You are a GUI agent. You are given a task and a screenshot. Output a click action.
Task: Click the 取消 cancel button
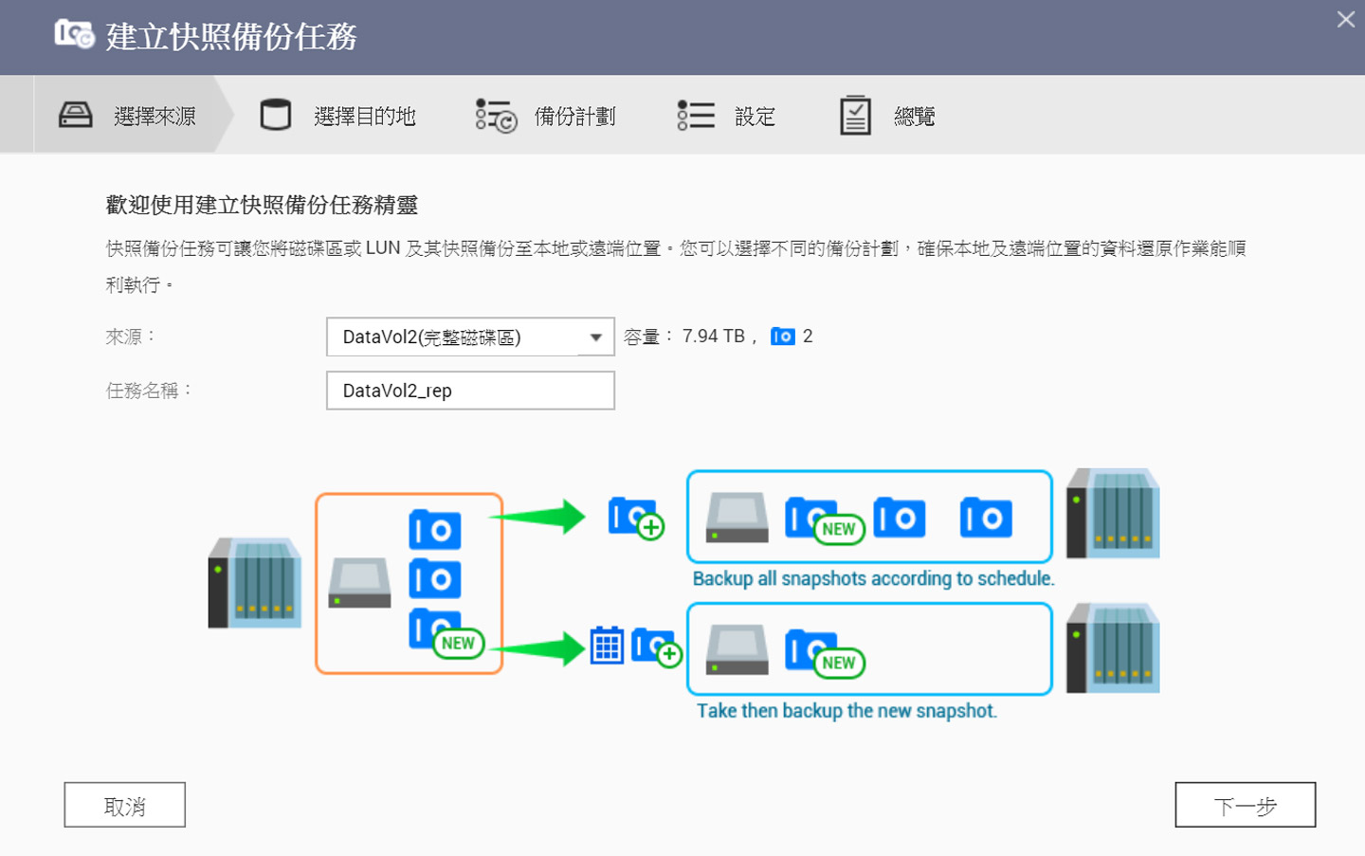click(x=124, y=805)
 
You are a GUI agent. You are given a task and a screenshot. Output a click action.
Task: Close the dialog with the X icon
click(x=1345, y=19)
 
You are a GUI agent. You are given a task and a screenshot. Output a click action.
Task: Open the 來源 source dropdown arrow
click(x=595, y=337)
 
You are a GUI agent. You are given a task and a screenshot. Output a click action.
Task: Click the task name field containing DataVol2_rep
click(x=470, y=391)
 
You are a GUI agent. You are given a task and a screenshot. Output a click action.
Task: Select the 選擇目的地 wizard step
click(x=364, y=117)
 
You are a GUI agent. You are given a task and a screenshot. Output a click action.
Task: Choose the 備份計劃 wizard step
click(x=574, y=117)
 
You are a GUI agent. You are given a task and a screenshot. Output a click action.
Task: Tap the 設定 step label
click(x=755, y=117)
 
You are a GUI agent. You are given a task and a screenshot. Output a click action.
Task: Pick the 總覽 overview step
click(x=914, y=117)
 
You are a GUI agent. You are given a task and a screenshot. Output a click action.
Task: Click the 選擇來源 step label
click(x=155, y=117)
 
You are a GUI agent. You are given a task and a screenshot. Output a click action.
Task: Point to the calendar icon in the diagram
click(x=607, y=646)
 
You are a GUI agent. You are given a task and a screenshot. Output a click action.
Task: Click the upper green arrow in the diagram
click(x=539, y=517)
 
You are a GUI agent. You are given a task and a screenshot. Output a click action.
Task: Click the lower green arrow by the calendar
click(x=539, y=648)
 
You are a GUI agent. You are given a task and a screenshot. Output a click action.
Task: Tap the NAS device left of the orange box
click(x=255, y=583)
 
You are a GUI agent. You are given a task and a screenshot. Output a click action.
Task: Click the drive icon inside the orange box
click(x=359, y=582)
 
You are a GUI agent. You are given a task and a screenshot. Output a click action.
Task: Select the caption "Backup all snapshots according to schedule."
click(x=873, y=578)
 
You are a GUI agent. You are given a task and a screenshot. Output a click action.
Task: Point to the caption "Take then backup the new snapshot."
click(x=846, y=711)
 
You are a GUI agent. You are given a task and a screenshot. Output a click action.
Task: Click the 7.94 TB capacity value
click(x=713, y=337)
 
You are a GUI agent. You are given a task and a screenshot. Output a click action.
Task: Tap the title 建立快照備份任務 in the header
click(x=231, y=37)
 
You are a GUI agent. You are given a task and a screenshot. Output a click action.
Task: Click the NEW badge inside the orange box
click(x=458, y=643)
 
